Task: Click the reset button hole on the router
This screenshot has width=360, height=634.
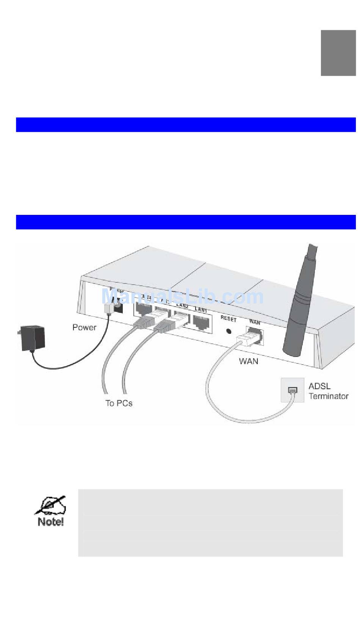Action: (x=229, y=330)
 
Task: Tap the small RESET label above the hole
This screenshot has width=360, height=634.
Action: (x=229, y=319)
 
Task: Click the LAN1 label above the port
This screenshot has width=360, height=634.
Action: (x=200, y=310)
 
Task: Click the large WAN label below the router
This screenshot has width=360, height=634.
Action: (x=249, y=361)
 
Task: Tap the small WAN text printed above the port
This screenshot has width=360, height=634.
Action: (x=255, y=322)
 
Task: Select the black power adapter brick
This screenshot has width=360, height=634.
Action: (x=33, y=338)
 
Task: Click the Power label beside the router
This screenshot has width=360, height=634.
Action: (x=84, y=327)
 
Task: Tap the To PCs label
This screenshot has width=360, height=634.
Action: (x=119, y=403)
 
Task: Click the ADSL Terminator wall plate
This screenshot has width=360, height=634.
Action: (x=292, y=390)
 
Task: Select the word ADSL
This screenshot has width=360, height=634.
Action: (x=319, y=386)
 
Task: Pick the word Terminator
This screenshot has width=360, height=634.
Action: (x=329, y=396)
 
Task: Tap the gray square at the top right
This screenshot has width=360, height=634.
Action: (x=338, y=53)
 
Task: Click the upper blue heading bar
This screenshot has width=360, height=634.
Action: (x=186, y=125)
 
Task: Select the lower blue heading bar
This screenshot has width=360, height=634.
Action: (x=186, y=222)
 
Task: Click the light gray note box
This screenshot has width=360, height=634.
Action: (x=210, y=523)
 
